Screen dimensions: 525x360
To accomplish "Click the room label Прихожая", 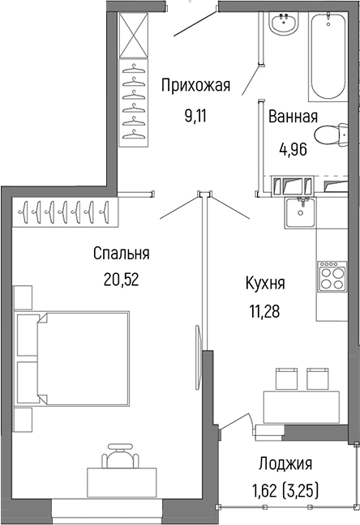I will [196, 86].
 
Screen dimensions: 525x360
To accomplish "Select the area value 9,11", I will [196, 114].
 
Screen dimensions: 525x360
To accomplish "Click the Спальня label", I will [122, 254].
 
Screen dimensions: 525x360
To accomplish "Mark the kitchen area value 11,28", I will [264, 311].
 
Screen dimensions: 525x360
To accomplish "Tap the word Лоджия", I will [285, 464].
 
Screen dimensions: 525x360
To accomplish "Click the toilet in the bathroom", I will [332, 139].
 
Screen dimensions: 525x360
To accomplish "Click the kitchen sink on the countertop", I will [302, 212].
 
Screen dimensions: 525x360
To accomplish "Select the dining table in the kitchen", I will [300, 406].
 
